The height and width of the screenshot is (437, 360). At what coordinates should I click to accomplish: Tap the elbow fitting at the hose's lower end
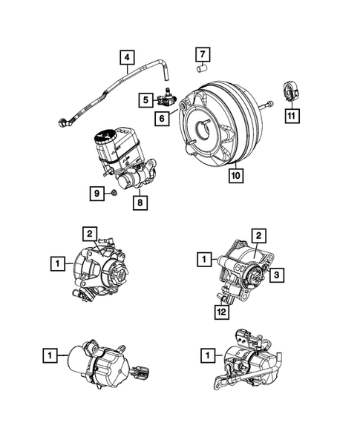coord(63,121)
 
